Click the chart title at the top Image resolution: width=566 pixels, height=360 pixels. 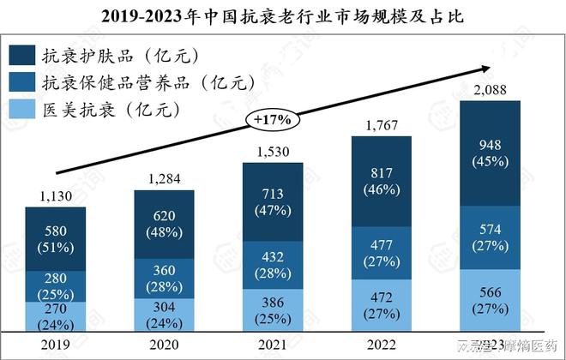(283, 15)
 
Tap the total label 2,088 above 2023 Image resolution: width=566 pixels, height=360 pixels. (491, 90)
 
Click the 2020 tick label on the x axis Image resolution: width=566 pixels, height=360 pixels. (164, 345)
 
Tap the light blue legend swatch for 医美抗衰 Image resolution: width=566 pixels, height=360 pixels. (21, 109)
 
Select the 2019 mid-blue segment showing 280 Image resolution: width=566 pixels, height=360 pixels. (55, 285)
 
